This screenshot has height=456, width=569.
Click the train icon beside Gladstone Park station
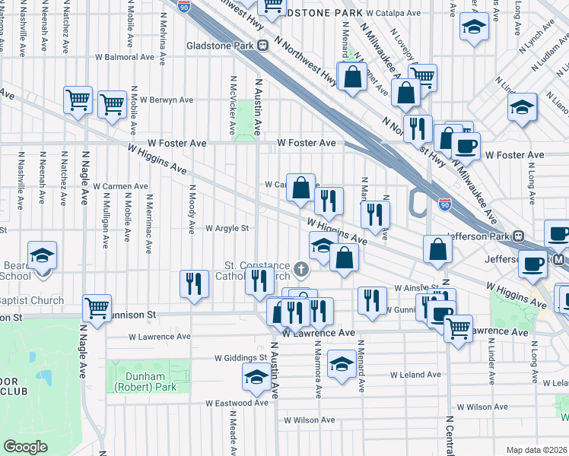[262, 45]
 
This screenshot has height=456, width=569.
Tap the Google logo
[26, 446]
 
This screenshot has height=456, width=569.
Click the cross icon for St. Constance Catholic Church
[302, 268]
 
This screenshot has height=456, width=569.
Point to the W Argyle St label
[227, 228]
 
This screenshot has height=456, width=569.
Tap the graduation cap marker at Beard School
[42, 255]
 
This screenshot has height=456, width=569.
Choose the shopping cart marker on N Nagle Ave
[97, 308]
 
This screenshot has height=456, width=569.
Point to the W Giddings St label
[241, 356]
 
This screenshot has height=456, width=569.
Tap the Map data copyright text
[536, 450]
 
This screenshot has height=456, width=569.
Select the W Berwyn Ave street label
[165, 100]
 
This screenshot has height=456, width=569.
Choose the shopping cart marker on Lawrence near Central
[457, 328]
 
